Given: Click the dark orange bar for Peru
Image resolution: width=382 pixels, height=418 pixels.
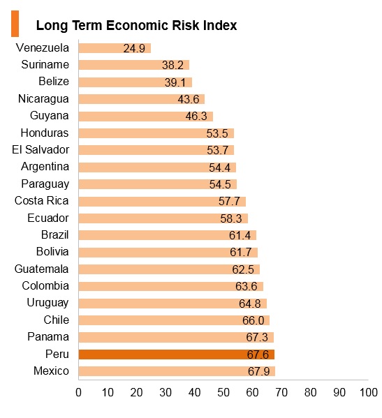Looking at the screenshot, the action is click(x=176, y=354).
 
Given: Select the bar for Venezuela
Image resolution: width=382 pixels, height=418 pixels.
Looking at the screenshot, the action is click(x=115, y=48).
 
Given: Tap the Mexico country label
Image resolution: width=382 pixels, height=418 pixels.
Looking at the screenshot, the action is click(x=51, y=371).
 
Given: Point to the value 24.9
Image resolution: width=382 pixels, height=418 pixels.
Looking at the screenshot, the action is click(x=134, y=49).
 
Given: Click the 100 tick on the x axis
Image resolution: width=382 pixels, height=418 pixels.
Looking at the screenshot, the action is click(x=369, y=392).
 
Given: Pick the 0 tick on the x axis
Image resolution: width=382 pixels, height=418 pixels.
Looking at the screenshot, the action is click(x=78, y=392).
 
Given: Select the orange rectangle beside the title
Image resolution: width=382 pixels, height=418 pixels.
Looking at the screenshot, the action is click(x=15, y=24).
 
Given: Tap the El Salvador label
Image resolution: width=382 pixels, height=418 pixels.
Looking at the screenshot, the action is click(x=41, y=149).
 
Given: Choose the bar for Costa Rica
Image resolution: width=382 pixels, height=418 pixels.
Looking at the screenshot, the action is click(x=162, y=201).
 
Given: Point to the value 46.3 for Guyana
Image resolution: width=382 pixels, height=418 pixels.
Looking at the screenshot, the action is click(x=196, y=117).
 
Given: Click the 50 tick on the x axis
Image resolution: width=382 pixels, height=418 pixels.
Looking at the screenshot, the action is click(x=223, y=392).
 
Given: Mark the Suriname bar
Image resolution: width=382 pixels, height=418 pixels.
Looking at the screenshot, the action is click(x=134, y=65).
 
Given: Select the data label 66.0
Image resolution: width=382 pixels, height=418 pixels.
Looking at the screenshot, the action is click(x=254, y=320).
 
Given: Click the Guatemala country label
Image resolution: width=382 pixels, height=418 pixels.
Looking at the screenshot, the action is click(x=41, y=269).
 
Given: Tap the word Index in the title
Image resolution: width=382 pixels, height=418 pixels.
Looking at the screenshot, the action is click(x=220, y=25).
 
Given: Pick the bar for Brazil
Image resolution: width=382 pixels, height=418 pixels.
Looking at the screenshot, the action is click(x=168, y=235).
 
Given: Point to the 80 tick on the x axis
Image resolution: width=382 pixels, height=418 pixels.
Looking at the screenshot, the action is click(x=311, y=392).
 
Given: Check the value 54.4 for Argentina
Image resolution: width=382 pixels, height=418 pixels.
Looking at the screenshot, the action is click(x=219, y=167).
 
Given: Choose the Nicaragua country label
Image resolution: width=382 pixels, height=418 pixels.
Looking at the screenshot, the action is click(x=43, y=99).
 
